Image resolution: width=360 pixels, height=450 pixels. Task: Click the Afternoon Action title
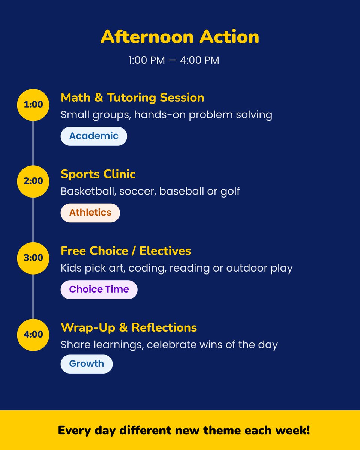[180, 37]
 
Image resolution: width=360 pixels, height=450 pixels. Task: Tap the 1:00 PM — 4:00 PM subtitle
[174, 60]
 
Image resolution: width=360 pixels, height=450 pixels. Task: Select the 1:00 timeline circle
[33, 105]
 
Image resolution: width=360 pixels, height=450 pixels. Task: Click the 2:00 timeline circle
[33, 181]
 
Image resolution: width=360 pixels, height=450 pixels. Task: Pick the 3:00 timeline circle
[33, 258]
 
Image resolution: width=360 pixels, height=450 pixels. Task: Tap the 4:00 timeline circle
[33, 334]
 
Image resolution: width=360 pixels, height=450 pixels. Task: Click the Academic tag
[94, 136]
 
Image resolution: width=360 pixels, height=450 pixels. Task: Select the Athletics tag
[90, 213]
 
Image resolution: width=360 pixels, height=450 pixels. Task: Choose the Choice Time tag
[99, 289]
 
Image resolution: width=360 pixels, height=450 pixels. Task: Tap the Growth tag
[87, 364]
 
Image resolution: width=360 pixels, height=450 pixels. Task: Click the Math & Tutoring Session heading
[132, 97]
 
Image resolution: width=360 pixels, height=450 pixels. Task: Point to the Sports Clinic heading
[98, 174]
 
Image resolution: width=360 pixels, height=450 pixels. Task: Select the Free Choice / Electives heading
[126, 251]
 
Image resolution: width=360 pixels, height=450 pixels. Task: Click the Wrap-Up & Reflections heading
[129, 327]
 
